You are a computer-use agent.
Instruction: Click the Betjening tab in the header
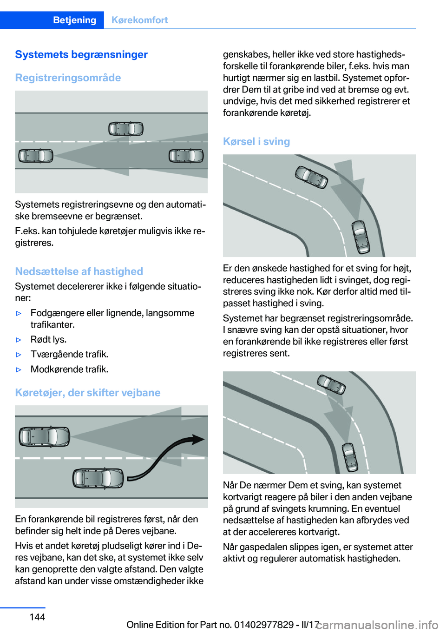pyautogui.click(x=74, y=20)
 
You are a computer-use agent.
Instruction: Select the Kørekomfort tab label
pyautogui.click(x=139, y=20)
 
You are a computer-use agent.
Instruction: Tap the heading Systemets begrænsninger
pyautogui.click(x=81, y=54)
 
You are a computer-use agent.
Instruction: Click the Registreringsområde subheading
pyautogui.click(x=68, y=78)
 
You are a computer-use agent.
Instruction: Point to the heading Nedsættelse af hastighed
pyautogui.click(x=79, y=271)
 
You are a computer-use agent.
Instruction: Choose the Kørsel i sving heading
pyautogui.click(x=256, y=141)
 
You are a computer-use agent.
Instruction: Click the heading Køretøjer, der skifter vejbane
pyautogui.click(x=88, y=393)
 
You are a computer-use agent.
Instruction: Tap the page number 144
pyautogui.click(x=37, y=617)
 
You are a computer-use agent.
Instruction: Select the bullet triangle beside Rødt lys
pyautogui.click(x=19, y=340)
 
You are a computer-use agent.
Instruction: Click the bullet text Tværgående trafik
pyautogui.click(x=70, y=354)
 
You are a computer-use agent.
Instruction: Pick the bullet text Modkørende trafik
pyautogui.click(x=70, y=369)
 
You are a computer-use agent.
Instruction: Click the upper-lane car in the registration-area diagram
pyautogui.click(x=126, y=128)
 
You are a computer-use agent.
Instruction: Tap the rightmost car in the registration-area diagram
pyautogui.click(x=186, y=156)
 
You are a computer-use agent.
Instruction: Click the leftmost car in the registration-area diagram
pyautogui.click(x=36, y=156)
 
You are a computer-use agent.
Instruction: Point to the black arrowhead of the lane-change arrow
pyautogui.click(x=198, y=439)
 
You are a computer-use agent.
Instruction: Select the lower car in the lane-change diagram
pyautogui.click(x=98, y=478)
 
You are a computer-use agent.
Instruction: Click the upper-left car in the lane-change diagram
pyautogui.click(x=44, y=436)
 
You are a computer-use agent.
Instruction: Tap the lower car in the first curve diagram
pyautogui.click(x=361, y=237)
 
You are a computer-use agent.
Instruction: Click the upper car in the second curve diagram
pyautogui.click(x=331, y=384)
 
